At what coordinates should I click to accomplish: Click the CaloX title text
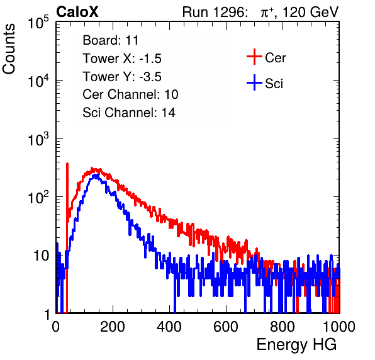click(x=77, y=12)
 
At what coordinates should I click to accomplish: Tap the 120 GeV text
click(x=311, y=12)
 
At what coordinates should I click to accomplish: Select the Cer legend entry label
click(x=275, y=58)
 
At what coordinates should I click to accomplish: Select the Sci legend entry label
click(x=274, y=84)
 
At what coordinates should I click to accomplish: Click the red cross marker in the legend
click(x=254, y=57)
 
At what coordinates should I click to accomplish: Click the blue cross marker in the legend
click(x=254, y=82)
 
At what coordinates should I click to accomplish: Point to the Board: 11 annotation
click(x=111, y=40)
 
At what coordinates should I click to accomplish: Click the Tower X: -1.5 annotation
click(x=122, y=59)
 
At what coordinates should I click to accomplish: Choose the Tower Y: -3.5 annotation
click(x=122, y=77)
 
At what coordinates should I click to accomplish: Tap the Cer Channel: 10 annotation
click(x=130, y=94)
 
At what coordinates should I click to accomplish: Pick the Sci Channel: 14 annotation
click(x=129, y=113)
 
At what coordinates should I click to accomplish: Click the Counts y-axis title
click(x=9, y=49)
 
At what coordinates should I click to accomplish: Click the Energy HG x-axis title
click(x=296, y=345)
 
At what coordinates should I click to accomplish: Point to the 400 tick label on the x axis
click(x=169, y=327)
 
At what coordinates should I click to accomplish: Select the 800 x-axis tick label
click(x=283, y=327)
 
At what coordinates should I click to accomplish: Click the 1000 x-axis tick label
click(x=339, y=327)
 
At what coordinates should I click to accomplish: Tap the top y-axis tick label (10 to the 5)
click(x=38, y=22)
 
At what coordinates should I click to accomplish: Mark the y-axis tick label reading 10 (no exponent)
click(x=41, y=256)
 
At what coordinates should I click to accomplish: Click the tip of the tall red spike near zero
click(x=67, y=164)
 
